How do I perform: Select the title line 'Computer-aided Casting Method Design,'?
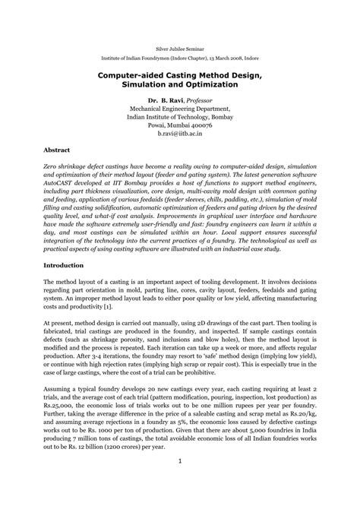pos(180,77)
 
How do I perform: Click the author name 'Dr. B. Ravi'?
pos(165,100)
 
